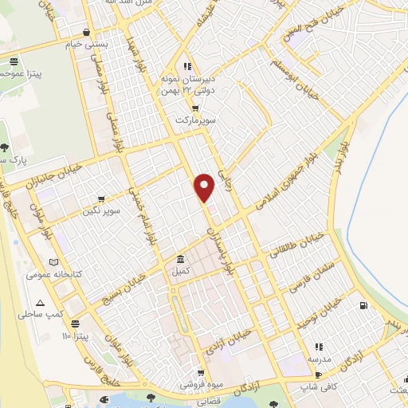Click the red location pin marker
(x=205, y=186)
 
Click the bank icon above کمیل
(x=181, y=260)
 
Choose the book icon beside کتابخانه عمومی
(x=53, y=262)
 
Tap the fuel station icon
(x=363, y=304)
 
